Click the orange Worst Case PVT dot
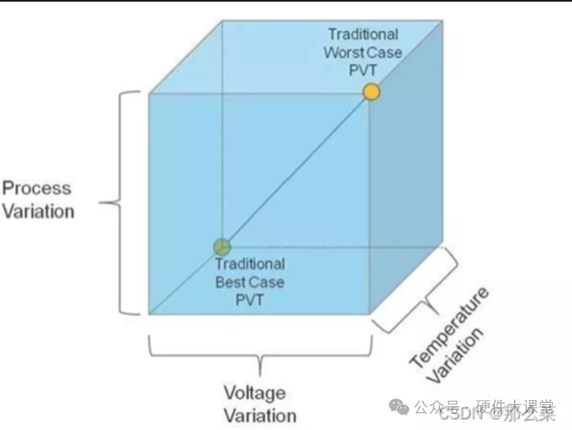pyautogui.click(x=370, y=92)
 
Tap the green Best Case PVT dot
pyautogui.click(x=221, y=247)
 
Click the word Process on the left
pyautogui.click(x=36, y=189)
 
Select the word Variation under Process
pyautogui.click(x=38, y=210)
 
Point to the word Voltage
pyautogui.click(x=255, y=393)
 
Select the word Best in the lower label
pyautogui.click(x=231, y=282)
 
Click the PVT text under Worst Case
pyautogui.click(x=363, y=71)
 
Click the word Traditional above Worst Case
pyautogui.click(x=363, y=35)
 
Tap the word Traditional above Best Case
pyautogui.click(x=250, y=264)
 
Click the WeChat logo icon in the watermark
pyautogui.click(x=399, y=407)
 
